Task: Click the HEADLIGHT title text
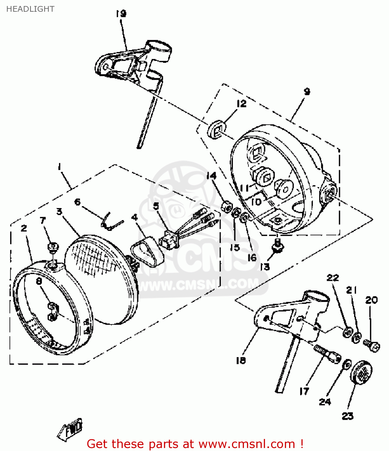(x=30, y=9)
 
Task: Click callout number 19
(x=121, y=14)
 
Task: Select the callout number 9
(x=307, y=91)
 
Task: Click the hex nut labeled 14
(x=227, y=206)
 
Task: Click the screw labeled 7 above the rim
(x=53, y=247)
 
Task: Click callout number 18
(x=241, y=360)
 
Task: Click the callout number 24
(x=325, y=402)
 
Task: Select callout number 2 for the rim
(x=24, y=228)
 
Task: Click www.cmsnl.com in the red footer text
(x=247, y=444)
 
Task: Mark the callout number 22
(x=333, y=278)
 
